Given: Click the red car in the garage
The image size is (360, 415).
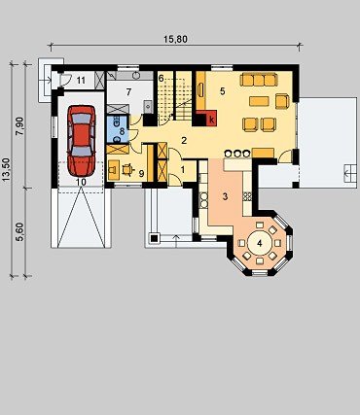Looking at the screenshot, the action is tap(82, 141).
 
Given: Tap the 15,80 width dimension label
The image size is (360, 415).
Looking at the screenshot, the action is tap(175, 39).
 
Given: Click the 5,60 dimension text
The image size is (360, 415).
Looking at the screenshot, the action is tap(20, 232).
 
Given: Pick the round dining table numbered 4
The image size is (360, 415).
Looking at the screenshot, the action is tap(260, 243).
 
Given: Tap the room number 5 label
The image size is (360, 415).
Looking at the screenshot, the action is tap(222, 91).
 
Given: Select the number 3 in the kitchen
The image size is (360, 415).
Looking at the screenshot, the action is tap(226, 196).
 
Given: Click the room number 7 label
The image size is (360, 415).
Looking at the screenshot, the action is tap(128, 92).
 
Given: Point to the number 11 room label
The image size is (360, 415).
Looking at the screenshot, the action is tap(81, 80).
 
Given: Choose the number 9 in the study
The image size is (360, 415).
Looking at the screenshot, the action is tap(141, 173).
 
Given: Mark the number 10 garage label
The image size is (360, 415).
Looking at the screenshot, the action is tap(81, 182).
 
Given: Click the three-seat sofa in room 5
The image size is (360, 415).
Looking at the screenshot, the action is tap(259, 80).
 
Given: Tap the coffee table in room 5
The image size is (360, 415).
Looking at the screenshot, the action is tap(259, 101).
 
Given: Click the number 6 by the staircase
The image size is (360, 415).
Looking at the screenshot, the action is tap(162, 78).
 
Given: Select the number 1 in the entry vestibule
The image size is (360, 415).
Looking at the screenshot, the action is tap(182, 169).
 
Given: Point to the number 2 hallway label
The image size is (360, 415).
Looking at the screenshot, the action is tap(184, 141).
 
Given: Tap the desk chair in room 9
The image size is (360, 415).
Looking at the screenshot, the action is tap(127, 169).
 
